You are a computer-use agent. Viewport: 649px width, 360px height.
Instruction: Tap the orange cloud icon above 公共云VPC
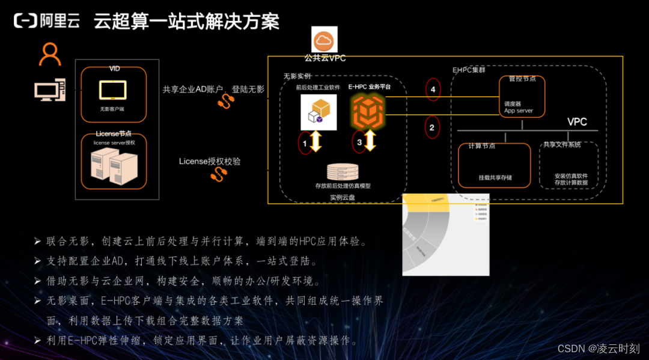coord(324,40)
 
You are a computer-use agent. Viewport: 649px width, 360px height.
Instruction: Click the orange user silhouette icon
coord(50,55)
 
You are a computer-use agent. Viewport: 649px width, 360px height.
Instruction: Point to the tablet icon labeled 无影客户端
coord(112,90)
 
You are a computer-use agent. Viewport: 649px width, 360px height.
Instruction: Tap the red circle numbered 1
coord(305,143)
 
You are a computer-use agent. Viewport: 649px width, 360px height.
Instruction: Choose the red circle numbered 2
coord(431,127)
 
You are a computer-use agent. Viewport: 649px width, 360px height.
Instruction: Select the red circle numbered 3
coord(359,142)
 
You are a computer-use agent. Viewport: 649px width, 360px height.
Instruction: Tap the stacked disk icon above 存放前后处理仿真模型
coord(343,172)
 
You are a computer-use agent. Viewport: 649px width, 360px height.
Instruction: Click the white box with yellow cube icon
coord(318,112)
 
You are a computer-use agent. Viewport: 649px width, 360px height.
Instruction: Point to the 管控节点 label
coord(522,79)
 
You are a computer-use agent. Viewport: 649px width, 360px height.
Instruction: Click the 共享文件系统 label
coord(562,144)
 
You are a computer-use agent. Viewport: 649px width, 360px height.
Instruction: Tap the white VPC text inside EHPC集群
coord(577,122)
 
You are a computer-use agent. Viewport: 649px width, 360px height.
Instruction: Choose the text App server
coord(518,111)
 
